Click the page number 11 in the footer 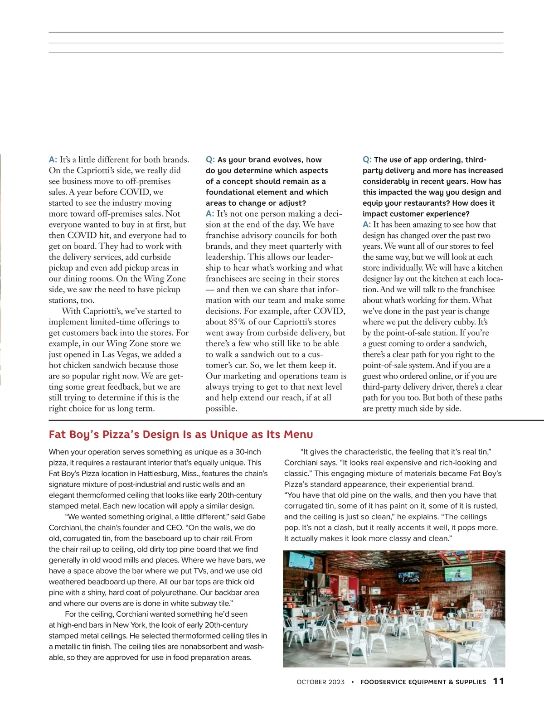(498, 681)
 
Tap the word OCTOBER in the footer (311, 682)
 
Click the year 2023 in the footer (337, 682)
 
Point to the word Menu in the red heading (298, 435)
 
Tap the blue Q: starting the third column (367, 160)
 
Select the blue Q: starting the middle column (210, 160)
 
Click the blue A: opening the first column (53, 160)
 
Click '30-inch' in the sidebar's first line (248, 452)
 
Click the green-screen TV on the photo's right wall (458, 574)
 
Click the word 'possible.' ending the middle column (221, 408)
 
